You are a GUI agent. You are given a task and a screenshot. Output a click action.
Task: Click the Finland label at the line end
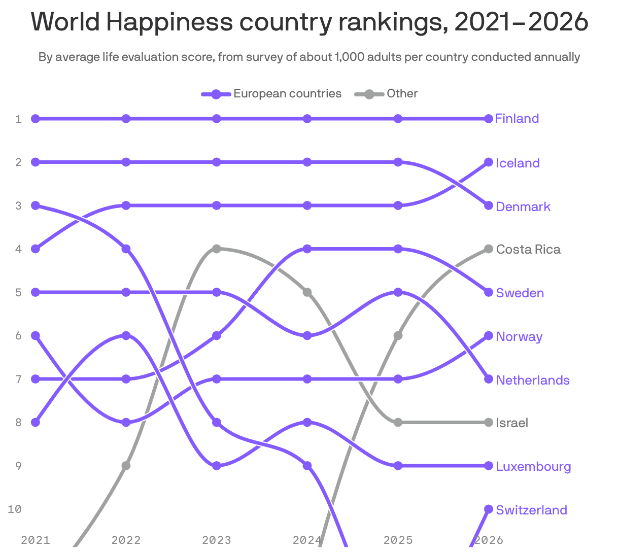pos(517,119)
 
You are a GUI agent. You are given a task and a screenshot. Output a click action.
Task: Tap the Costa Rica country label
pos(528,249)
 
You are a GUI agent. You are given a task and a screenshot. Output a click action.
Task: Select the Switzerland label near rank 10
pos(531,510)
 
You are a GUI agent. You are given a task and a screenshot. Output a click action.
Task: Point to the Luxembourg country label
pos(533,466)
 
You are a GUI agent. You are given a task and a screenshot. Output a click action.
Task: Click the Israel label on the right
pos(512,423)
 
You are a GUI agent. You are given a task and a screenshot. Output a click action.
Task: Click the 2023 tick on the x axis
pos(217,540)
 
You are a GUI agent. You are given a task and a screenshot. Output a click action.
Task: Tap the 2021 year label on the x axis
pos(36,540)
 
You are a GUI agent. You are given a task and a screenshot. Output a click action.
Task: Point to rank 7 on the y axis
pos(19,379)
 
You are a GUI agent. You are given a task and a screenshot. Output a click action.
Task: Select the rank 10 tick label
pos(15,509)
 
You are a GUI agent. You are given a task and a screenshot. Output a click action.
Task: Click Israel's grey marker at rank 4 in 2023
pos(217,249)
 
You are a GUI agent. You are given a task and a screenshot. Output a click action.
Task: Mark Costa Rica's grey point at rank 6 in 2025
pos(398,335)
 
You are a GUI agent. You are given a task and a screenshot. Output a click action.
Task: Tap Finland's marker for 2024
pos(307,119)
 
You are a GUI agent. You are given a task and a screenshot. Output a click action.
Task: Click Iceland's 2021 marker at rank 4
pos(36,249)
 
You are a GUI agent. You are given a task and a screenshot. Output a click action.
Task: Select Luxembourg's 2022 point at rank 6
pos(126,335)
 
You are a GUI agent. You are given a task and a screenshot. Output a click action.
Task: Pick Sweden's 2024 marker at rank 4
pos(307,249)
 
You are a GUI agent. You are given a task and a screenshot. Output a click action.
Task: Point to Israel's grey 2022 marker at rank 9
pos(126,466)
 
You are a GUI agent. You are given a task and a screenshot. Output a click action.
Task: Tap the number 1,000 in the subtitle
pos(349,57)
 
